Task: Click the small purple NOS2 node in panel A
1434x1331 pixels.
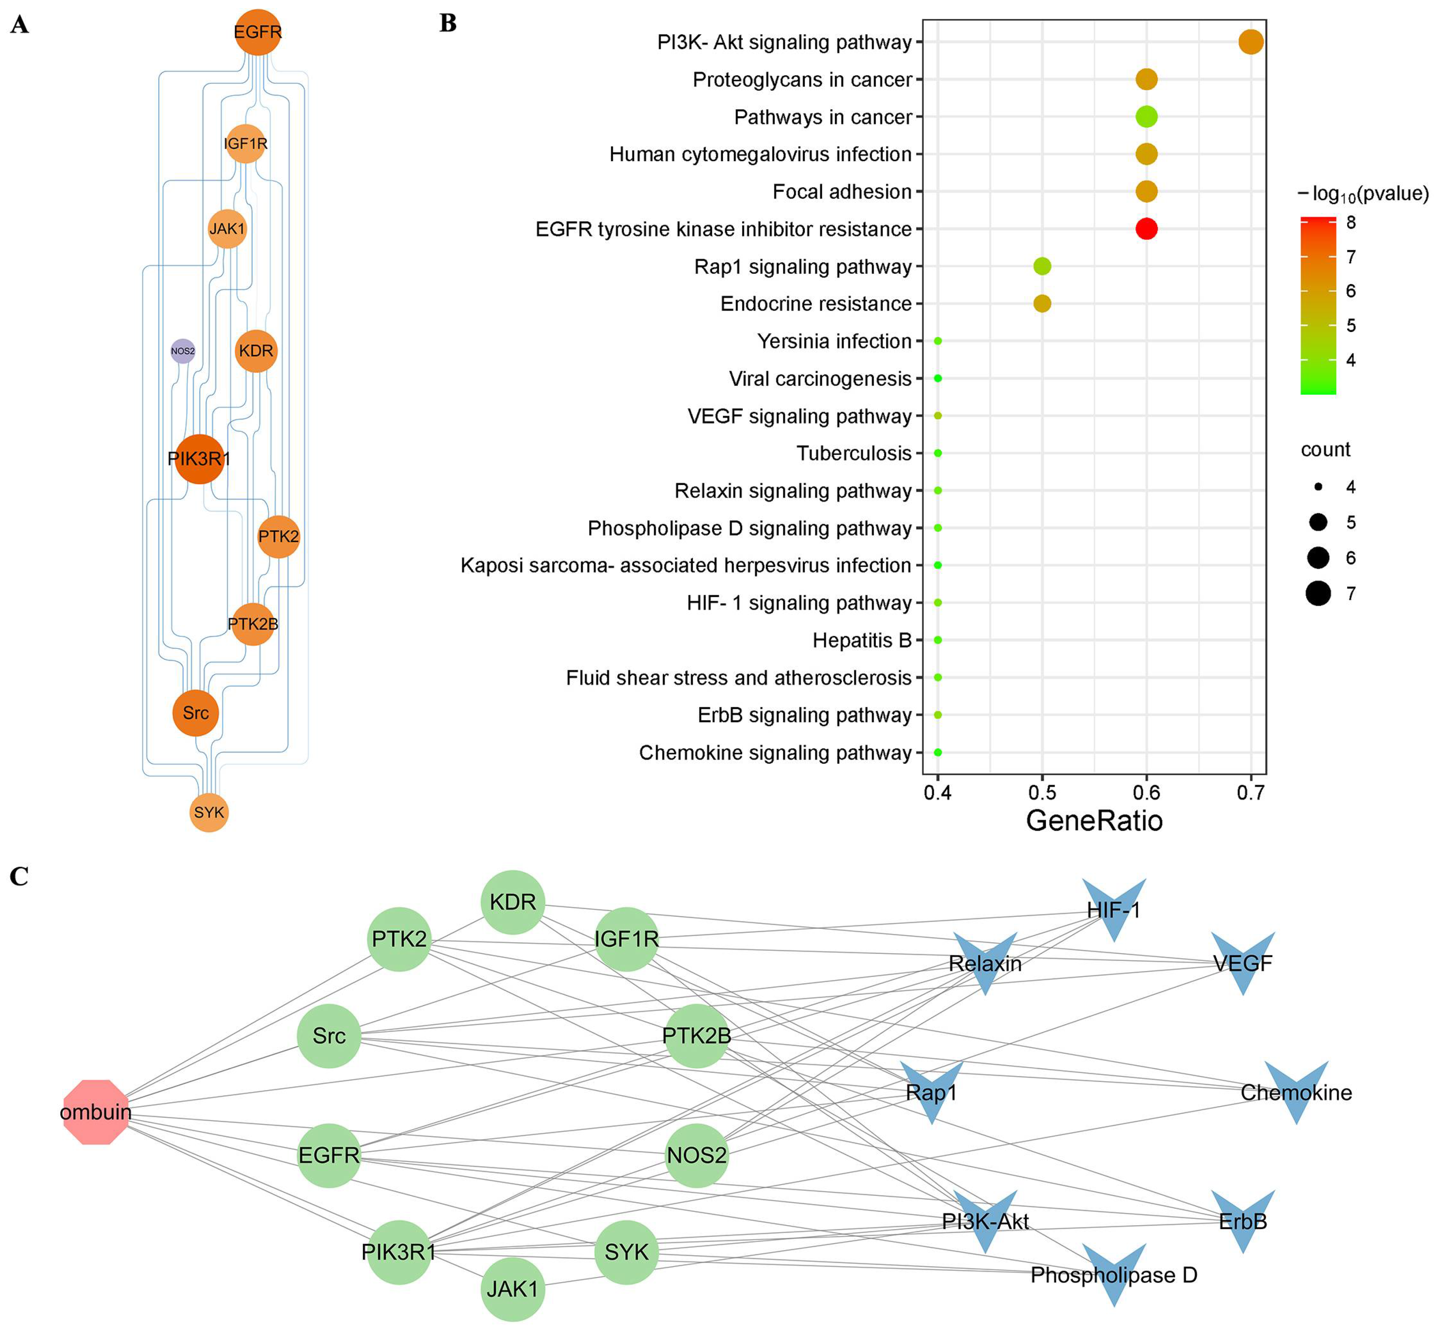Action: pyautogui.click(x=183, y=351)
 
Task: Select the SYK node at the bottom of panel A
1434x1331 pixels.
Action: pyautogui.click(x=209, y=812)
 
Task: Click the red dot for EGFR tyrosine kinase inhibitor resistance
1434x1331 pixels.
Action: pyautogui.click(x=1146, y=229)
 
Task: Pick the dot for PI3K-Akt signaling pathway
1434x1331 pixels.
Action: pyautogui.click(x=1250, y=42)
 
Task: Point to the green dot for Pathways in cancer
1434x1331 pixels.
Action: pyautogui.click(x=1146, y=117)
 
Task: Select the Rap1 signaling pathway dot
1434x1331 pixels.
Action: pyautogui.click(x=1042, y=266)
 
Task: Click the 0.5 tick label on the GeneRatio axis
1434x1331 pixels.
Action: pyautogui.click(x=1042, y=793)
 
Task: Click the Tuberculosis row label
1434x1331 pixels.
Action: pyautogui.click(x=854, y=453)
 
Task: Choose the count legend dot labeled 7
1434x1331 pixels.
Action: pyautogui.click(x=1318, y=594)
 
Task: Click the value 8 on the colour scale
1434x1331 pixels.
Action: pyautogui.click(x=1350, y=223)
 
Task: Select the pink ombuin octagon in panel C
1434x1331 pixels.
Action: pyautogui.click(x=96, y=1111)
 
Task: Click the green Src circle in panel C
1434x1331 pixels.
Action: pyautogui.click(x=329, y=1036)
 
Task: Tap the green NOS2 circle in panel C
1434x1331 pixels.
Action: pyautogui.click(x=696, y=1155)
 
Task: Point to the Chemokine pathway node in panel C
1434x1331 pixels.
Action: pyautogui.click(x=1296, y=1093)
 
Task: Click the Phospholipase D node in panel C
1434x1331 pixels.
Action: pyautogui.click(x=1114, y=1275)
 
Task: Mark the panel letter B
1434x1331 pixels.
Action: pyautogui.click(x=448, y=24)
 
